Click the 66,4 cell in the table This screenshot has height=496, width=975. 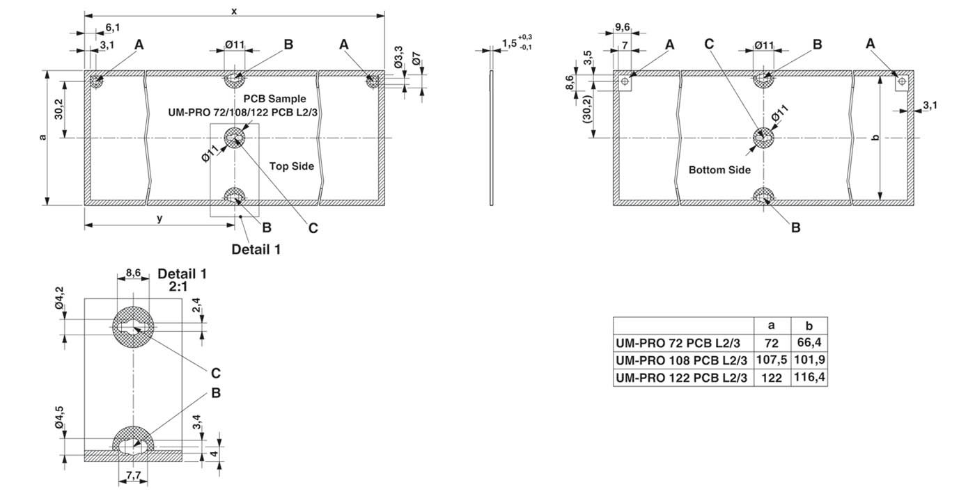809,342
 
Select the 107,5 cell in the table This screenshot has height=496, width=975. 772,360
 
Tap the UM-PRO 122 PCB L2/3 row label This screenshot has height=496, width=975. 681,377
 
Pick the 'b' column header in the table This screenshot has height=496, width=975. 809,326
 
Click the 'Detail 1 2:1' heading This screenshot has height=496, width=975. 182,280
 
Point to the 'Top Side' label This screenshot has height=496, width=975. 292,166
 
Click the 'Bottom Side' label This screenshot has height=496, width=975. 719,170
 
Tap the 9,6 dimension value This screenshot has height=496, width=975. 623,27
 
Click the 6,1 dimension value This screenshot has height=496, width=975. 113,27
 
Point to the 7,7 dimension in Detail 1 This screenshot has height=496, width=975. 133,475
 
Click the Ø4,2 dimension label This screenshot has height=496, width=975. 60,298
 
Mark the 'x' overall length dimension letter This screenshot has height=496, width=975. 234,11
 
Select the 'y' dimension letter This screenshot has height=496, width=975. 159,218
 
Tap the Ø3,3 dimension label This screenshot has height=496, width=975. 398,57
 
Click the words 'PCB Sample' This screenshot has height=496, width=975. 274,99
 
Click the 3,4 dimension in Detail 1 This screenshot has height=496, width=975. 197,422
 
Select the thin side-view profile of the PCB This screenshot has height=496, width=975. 492,137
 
